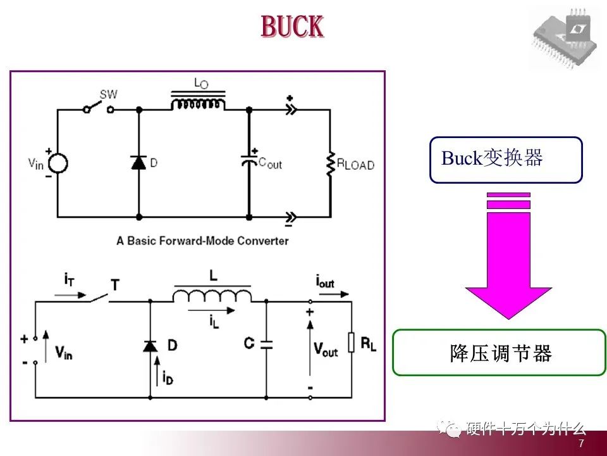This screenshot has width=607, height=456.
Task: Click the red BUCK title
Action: tap(292, 27)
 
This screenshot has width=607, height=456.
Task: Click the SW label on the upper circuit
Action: tap(109, 94)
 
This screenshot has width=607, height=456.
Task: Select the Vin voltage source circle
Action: tap(58, 163)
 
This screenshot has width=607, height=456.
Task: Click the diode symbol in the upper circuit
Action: tap(138, 162)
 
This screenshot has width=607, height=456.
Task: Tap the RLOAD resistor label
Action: tap(355, 165)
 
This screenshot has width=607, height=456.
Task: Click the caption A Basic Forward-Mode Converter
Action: tap(202, 241)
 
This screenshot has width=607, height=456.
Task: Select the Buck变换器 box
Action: tap(505, 160)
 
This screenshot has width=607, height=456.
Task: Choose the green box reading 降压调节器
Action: tap(500, 352)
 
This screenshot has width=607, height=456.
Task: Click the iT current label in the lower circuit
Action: tap(70, 279)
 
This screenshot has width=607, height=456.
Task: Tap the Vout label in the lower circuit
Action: tap(326, 350)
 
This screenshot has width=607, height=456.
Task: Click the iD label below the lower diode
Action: tap(167, 378)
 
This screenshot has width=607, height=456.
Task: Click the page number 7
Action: tap(581, 444)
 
